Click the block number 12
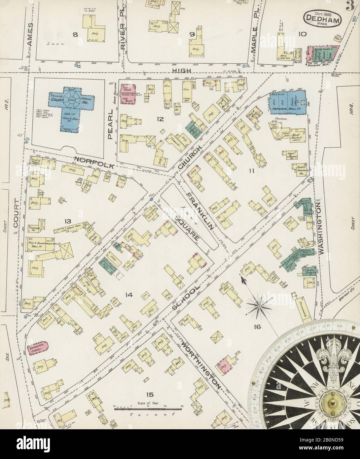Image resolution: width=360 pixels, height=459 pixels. (160, 119)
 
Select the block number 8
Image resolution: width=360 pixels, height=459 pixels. (75, 36)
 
